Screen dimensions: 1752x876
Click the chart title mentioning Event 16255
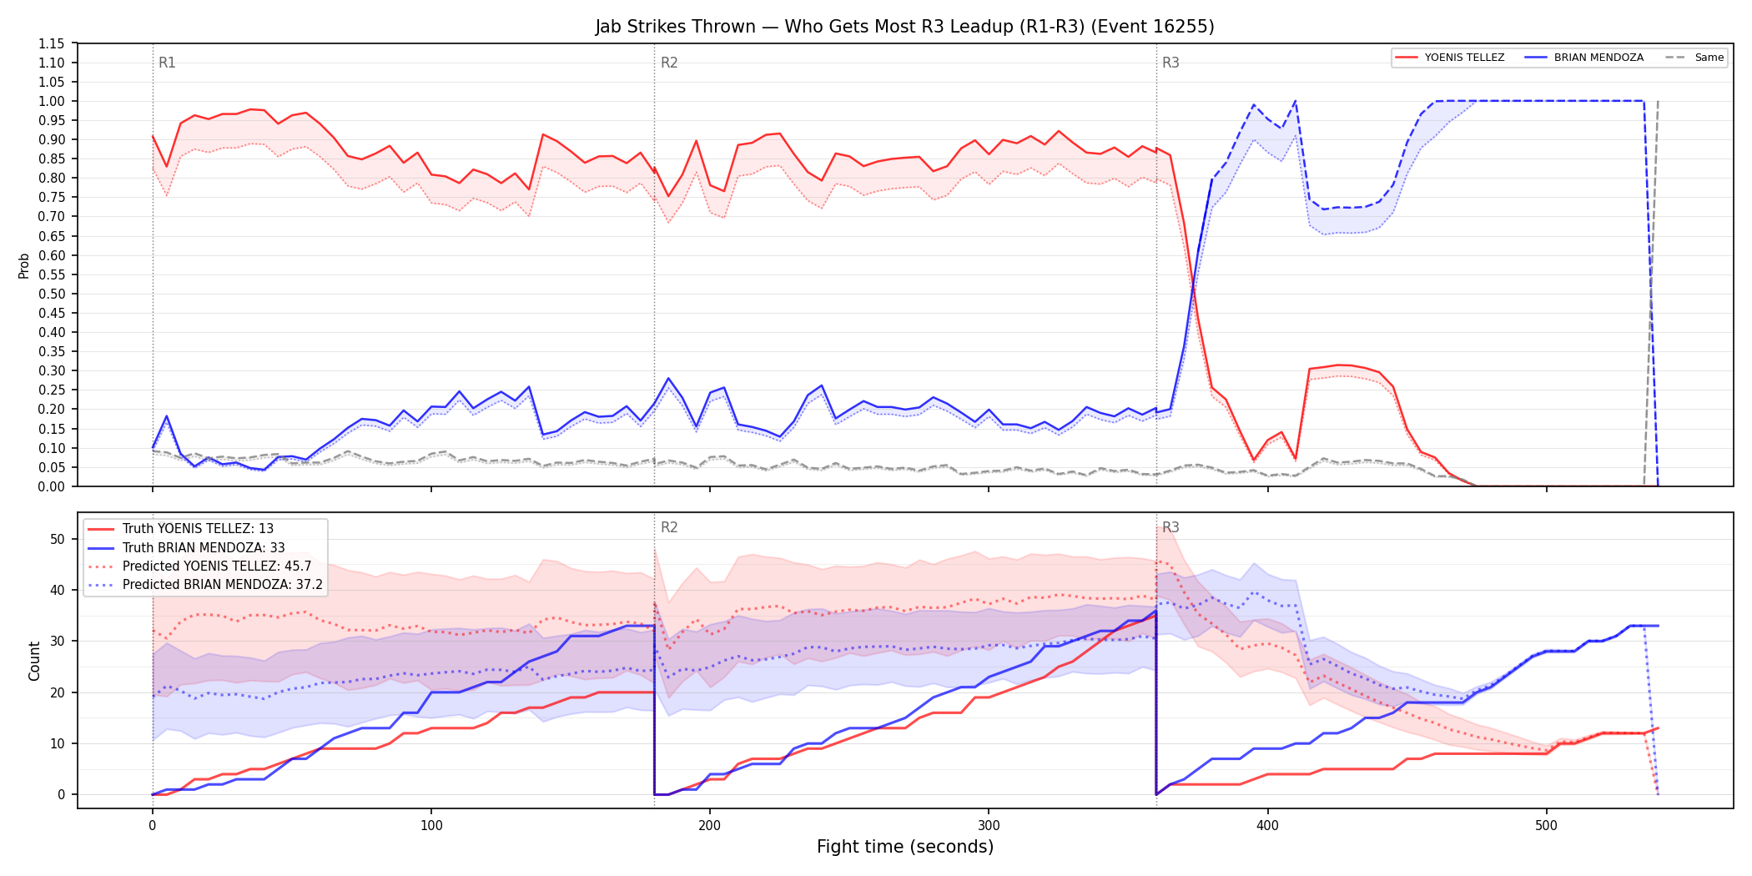904,27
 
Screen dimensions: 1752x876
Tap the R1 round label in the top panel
167,63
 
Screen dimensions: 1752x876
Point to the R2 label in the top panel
669,63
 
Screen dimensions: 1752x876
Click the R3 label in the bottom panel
1171,527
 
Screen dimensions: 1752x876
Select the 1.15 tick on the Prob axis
51,43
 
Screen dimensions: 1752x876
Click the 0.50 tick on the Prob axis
51,294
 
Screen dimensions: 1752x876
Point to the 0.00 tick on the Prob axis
51,486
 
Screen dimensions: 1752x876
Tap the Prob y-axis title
24,265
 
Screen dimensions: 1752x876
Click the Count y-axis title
34,661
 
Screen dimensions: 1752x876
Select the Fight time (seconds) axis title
905,847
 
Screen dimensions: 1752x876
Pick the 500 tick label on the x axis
1546,826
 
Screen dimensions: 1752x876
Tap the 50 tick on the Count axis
58,539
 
